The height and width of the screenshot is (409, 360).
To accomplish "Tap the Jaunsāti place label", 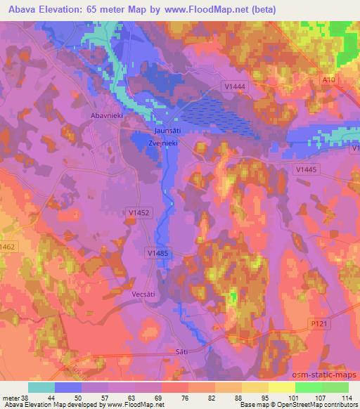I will tap(169, 131).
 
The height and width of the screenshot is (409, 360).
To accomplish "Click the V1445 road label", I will tap(307, 169).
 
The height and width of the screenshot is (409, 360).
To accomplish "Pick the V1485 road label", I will tap(159, 252).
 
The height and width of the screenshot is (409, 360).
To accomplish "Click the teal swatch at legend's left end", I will tap(41, 387).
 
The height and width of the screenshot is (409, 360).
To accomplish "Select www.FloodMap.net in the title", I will tap(215, 10).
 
